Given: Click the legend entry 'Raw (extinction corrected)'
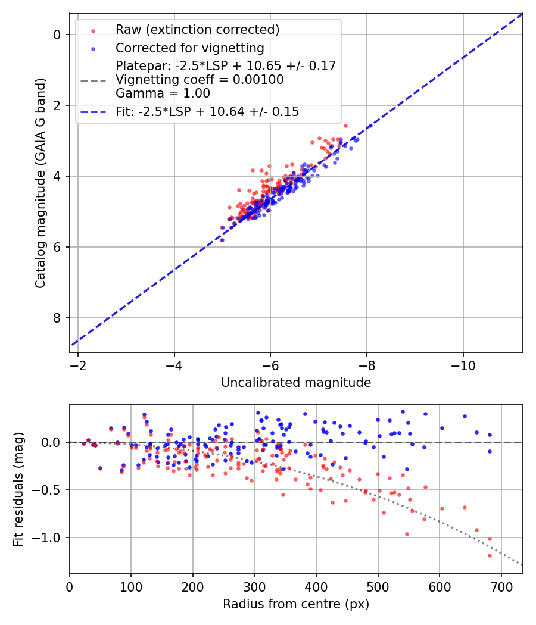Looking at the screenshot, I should coord(197,30).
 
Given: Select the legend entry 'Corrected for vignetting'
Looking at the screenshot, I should coord(189,48).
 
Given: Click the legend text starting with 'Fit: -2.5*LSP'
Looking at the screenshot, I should coord(207,112).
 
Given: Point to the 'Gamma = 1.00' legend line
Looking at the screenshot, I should coord(163,93).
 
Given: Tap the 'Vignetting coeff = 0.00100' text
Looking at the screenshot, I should coord(200,80).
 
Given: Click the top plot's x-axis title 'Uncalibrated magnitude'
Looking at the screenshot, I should coord(296,383).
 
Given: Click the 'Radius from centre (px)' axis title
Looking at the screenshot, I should coord(296,604).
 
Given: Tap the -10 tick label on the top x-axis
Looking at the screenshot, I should coord(463,364).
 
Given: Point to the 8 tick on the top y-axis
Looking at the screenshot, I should coord(57,318).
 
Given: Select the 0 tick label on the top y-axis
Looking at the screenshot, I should coord(57,35).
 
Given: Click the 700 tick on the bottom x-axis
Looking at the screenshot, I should coord(501,586).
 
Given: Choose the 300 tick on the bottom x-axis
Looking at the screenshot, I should coord(254,586).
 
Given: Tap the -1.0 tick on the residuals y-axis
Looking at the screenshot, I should coord(50,537).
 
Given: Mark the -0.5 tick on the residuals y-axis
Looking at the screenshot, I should coord(50,490).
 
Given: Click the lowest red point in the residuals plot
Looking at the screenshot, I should coord(490,555).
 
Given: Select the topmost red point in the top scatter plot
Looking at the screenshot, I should coord(345,126).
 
